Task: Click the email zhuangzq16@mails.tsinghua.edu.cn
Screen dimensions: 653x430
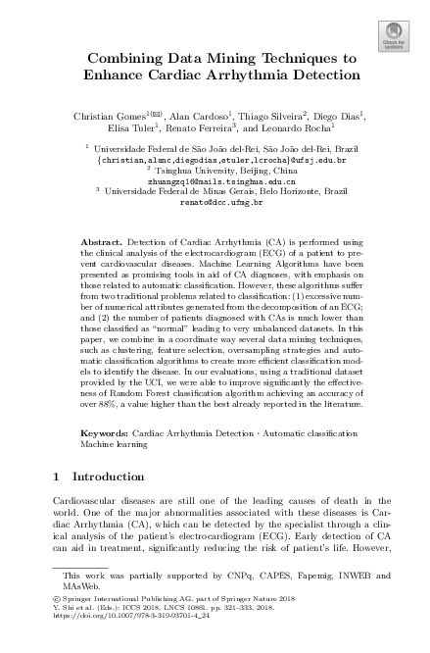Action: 215,180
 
